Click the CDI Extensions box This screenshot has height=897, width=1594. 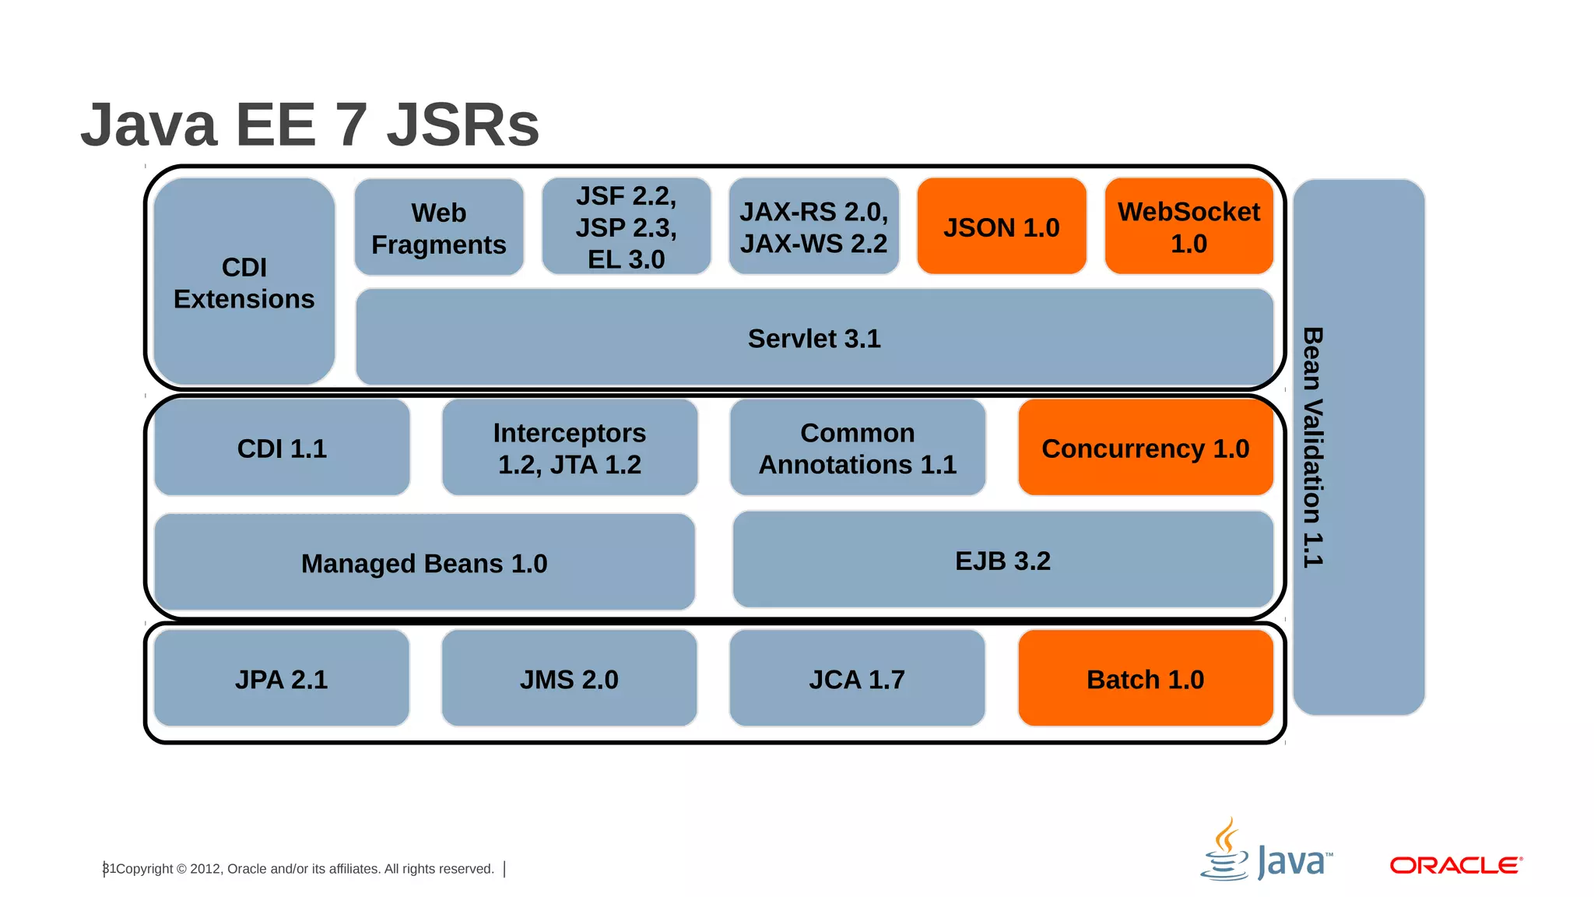[244, 282]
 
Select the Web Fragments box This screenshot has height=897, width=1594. [439, 227]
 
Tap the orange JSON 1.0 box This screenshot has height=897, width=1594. [1002, 227]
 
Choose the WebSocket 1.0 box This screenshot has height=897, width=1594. [1188, 227]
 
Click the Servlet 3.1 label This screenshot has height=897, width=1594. [814, 339]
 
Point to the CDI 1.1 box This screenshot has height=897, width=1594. [282, 448]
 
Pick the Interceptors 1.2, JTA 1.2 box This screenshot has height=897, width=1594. [570, 448]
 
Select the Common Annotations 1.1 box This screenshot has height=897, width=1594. [858, 448]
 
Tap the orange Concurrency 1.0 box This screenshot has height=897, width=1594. [1145, 448]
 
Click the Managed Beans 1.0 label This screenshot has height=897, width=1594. [424, 564]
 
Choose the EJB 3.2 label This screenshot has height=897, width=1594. [1002, 561]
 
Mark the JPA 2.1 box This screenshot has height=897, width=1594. [282, 679]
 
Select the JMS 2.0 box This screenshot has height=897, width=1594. [569, 679]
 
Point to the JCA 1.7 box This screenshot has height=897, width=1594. [857, 679]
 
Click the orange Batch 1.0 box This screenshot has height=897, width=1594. [1145, 679]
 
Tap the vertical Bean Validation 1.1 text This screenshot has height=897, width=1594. [1313, 447]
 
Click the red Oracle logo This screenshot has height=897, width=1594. [1455, 865]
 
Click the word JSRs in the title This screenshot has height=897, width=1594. [462, 125]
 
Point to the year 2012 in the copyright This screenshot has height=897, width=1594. [205, 869]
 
